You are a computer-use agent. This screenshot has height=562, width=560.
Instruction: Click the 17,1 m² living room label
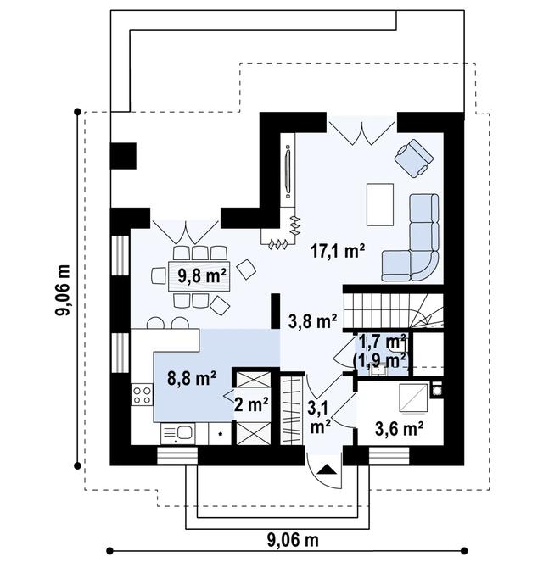click(x=338, y=251)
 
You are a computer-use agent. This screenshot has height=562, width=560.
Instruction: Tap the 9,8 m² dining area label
click(x=202, y=275)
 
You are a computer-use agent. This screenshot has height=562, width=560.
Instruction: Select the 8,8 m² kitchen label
click(x=192, y=378)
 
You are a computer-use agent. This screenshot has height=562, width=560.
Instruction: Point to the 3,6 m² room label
click(x=400, y=428)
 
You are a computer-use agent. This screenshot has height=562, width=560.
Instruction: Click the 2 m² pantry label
click(x=251, y=404)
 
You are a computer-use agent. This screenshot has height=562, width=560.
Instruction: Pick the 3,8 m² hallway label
click(x=312, y=321)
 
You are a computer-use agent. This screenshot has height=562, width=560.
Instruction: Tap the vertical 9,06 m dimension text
click(x=63, y=290)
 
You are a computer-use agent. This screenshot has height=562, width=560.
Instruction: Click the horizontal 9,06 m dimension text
click(x=293, y=539)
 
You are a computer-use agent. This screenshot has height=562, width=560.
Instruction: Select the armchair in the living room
click(x=413, y=158)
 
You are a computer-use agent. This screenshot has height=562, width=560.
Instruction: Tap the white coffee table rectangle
click(x=380, y=204)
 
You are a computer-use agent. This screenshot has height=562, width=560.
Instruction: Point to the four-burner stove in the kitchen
click(x=142, y=395)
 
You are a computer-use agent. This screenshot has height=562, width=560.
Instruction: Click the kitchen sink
click(x=178, y=434)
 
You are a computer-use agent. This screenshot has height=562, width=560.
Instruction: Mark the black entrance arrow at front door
click(x=328, y=469)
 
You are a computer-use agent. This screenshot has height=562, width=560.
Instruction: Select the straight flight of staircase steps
click(x=377, y=311)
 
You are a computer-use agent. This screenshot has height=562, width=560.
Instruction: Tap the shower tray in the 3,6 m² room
click(x=413, y=398)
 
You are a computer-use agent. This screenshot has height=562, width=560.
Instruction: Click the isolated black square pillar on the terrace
click(x=123, y=156)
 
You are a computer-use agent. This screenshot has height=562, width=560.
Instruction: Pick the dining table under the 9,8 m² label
click(x=199, y=276)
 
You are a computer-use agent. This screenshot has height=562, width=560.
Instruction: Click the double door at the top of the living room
click(x=361, y=133)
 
